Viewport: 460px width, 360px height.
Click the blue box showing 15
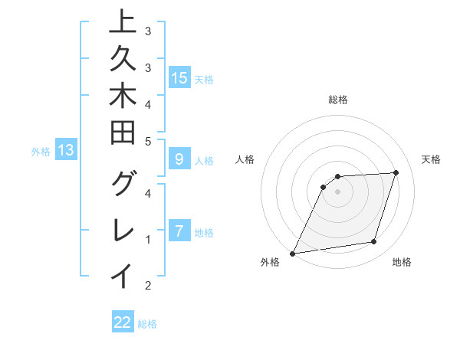(179, 77)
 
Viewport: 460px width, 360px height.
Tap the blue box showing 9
(179, 159)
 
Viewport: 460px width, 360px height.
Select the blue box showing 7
(179, 231)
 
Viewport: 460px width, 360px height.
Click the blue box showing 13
(66, 151)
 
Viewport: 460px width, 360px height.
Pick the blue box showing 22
(123, 322)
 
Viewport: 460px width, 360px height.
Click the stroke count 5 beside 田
(148, 141)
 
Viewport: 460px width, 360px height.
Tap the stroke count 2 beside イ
(148, 286)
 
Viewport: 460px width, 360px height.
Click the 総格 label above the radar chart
(337, 100)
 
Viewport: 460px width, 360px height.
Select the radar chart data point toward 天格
(396, 172)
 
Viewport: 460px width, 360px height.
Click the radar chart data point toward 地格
(374, 242)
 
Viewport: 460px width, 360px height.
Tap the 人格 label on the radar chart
(245, 159)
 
